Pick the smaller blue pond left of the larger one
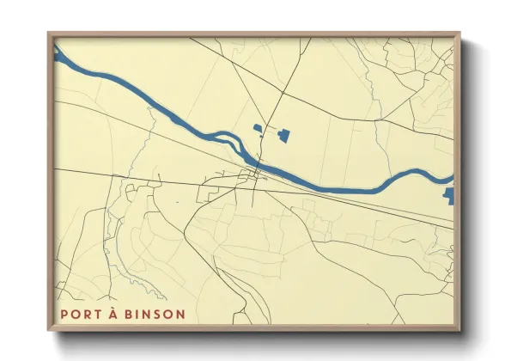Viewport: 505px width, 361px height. (x=257, y=129)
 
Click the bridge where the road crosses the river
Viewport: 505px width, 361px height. (x=261, y=163)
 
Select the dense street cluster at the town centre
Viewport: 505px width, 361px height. (x=255, y=177)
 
